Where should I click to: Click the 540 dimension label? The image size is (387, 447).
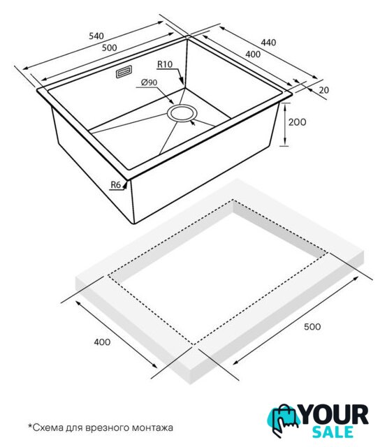coord(96,36)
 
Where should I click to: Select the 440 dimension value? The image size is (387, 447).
coord(269,43)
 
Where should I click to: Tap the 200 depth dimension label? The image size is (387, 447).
coord(297,122)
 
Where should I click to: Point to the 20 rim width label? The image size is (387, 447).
coord(323,90)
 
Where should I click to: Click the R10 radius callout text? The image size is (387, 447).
coord(165,64)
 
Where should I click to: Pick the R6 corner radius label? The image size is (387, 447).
coord(116,184)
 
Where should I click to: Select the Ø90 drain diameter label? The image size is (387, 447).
coord(149,82)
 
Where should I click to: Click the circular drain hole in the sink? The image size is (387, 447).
coord(182,113)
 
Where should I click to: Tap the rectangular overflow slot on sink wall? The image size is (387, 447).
coord(124,71)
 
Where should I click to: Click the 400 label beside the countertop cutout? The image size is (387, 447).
coord(102,342)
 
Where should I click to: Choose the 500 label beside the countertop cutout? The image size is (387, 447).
coord(312,326)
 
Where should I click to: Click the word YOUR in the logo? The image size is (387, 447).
coord(335,415)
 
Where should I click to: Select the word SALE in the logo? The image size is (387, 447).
coord(333,432)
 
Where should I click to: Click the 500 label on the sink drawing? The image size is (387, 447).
coord(110,47)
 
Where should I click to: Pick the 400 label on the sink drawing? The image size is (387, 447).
coord(253,54)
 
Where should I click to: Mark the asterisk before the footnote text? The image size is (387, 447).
coord(29,425)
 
